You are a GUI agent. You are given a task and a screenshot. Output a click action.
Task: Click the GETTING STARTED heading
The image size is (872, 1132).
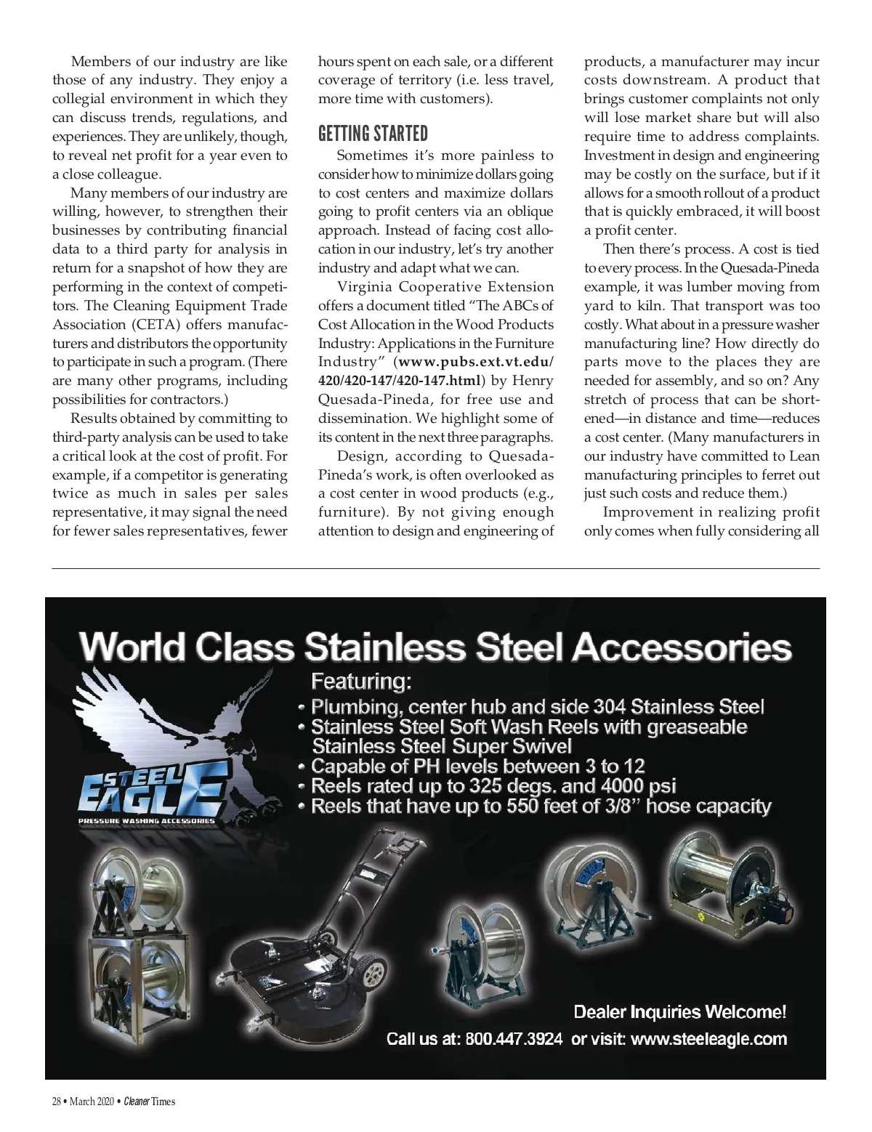point(373,134)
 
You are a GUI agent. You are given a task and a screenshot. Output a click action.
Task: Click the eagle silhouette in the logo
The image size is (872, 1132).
point(174,719)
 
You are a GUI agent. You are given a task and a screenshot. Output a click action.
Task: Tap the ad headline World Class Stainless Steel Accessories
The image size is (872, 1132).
point(435,647)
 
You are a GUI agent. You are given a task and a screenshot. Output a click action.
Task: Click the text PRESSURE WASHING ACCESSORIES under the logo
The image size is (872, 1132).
point(147,822)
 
